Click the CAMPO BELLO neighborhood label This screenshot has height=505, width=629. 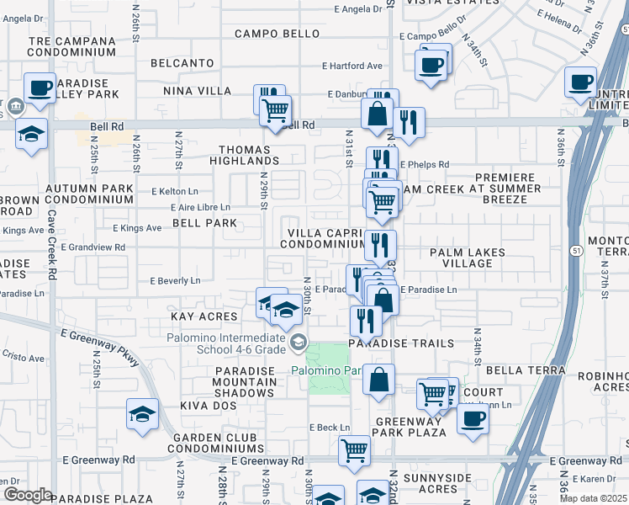click(277, 34)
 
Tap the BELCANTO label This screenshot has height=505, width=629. click(182, 63)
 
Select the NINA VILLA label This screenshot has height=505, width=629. click(202, 90)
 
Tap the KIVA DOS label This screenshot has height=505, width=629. click(205, 405)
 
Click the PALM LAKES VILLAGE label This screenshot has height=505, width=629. click(468, 258)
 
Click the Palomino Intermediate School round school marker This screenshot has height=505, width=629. click(298, 342)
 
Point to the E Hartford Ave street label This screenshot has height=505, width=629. click(351, 66)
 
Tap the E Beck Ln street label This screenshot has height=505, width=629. click(329, 428)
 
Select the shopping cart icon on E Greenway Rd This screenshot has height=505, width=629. click(355, 449)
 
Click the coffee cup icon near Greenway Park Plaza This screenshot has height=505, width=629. click(473, 419)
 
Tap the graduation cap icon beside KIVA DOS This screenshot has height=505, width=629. click(142, 413)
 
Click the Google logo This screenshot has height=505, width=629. click(28, 495)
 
